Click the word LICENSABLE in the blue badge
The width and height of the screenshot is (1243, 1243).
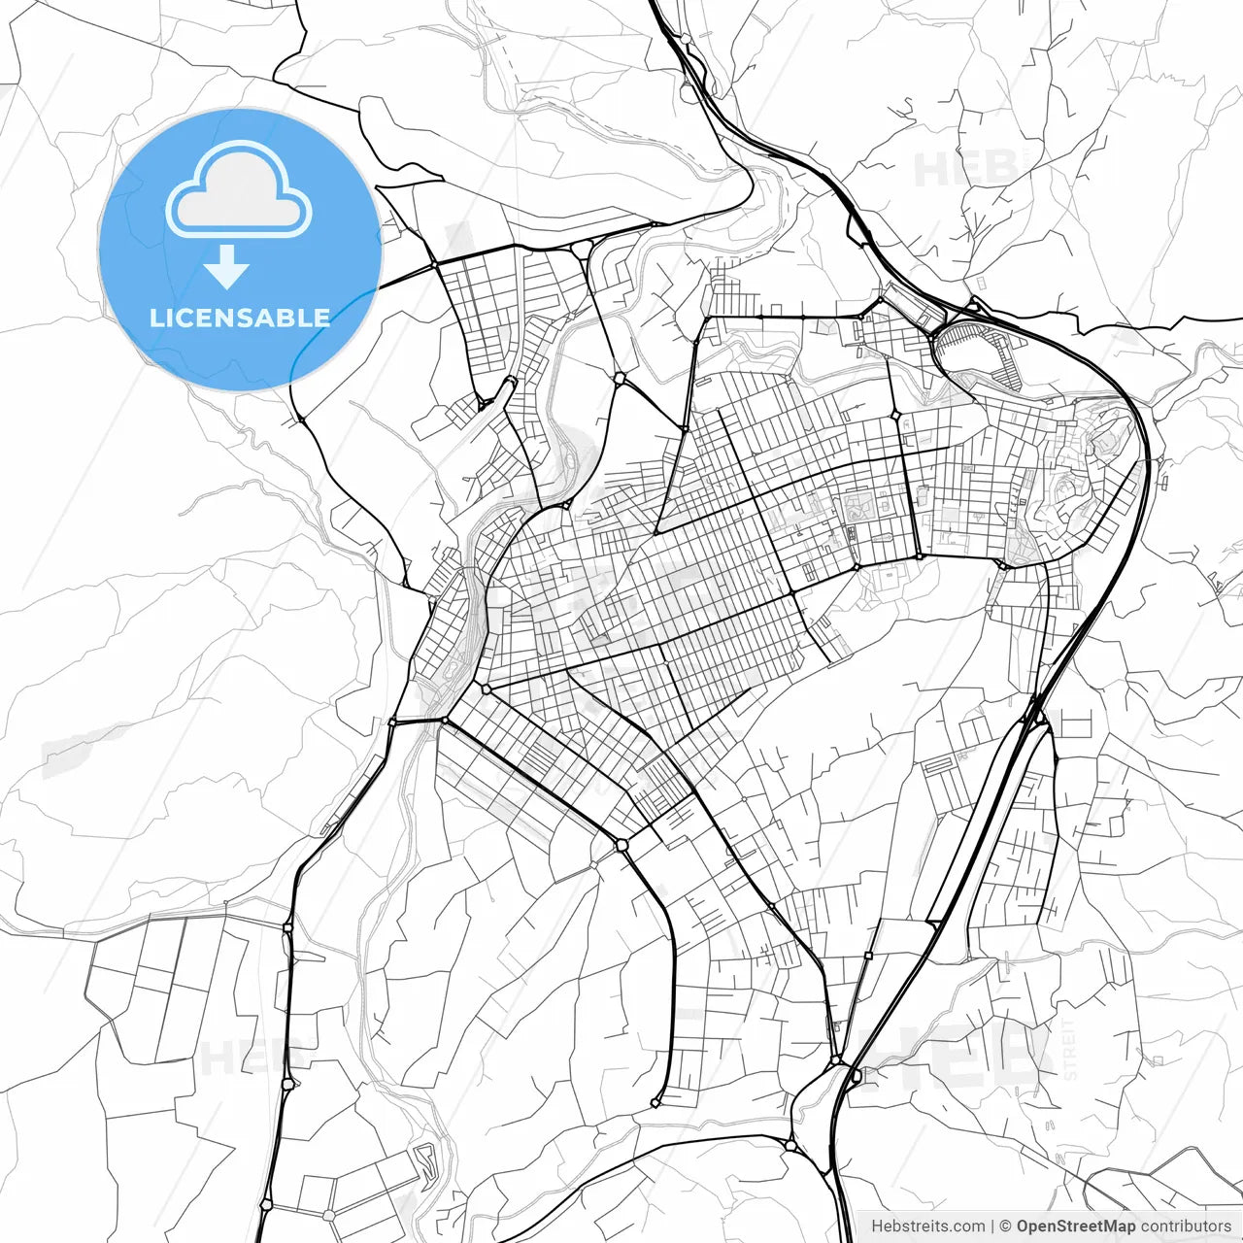pyautogui.click(x=240, y=318)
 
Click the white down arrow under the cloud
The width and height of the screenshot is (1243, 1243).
pyautogui.click(x=227, y=267)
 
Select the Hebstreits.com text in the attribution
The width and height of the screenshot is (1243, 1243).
pyautogui.click(x=927, y=1226)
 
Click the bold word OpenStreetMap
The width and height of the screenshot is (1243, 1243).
pyautogui.click(x=1075, y=1226)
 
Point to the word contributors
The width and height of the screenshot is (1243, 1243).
pyautogui.click(x=1186, y=1226)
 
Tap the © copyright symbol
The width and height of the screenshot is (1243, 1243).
pyautogui.click(x=1005, y=1226)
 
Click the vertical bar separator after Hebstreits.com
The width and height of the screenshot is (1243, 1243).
pyautogui.click(x=991, y=1226)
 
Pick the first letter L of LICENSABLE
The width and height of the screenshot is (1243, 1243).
pyautogui.click(x=155, y=318)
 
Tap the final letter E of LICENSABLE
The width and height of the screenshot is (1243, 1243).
pyautogui.click(x=321, y=318)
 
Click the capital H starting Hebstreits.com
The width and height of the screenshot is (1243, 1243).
pyautogui.click(x=877, y=1226)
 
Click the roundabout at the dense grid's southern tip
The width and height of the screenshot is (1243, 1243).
pyautogui.click(x=621, y=845)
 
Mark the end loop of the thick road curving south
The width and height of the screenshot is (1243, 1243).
pyautogui.click(x=658, y=1102)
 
